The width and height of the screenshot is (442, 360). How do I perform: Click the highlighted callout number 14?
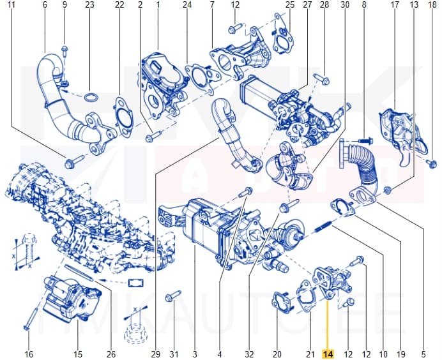tap(328, 354)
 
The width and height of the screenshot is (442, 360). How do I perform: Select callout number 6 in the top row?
tap(45, 6)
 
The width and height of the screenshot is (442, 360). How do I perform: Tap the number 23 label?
tap(89, 6)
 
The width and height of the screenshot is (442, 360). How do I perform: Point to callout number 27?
tap(307, 6)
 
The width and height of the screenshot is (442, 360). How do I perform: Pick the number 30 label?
tap(345, 6)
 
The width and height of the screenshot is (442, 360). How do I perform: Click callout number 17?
tap(395, 6)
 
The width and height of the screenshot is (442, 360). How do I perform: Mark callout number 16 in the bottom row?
tap(28, 354)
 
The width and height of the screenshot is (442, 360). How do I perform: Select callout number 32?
tap(250, 354)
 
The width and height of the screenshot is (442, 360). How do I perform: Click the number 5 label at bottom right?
tap(423, 354)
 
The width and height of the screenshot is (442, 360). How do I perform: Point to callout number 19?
tap(401, 354)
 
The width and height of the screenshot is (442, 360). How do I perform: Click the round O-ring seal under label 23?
tap(91, 98)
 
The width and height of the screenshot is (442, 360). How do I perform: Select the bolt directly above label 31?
tap(172, 296)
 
